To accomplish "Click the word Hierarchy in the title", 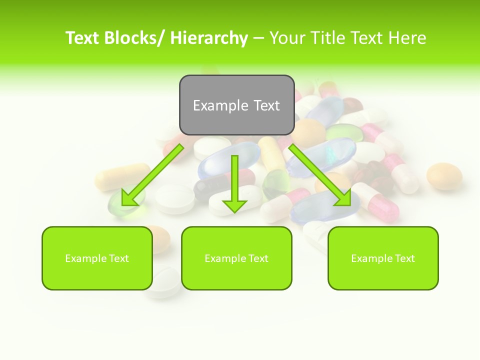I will (x=209, y=38).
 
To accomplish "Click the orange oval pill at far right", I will (x=444, y=176).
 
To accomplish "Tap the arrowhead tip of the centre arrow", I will (x=234, y=212).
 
